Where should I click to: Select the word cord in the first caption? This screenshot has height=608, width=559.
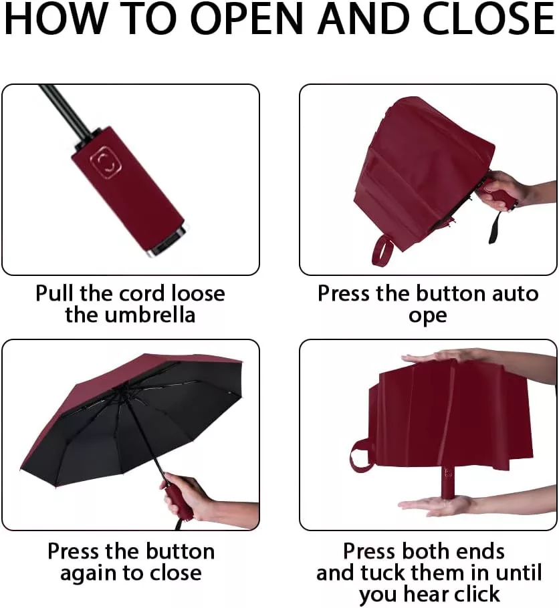[x=144, y=293]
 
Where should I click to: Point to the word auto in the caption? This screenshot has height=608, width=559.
[x=515, y=293]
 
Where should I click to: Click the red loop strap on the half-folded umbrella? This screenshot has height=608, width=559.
[x=382, y=250]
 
